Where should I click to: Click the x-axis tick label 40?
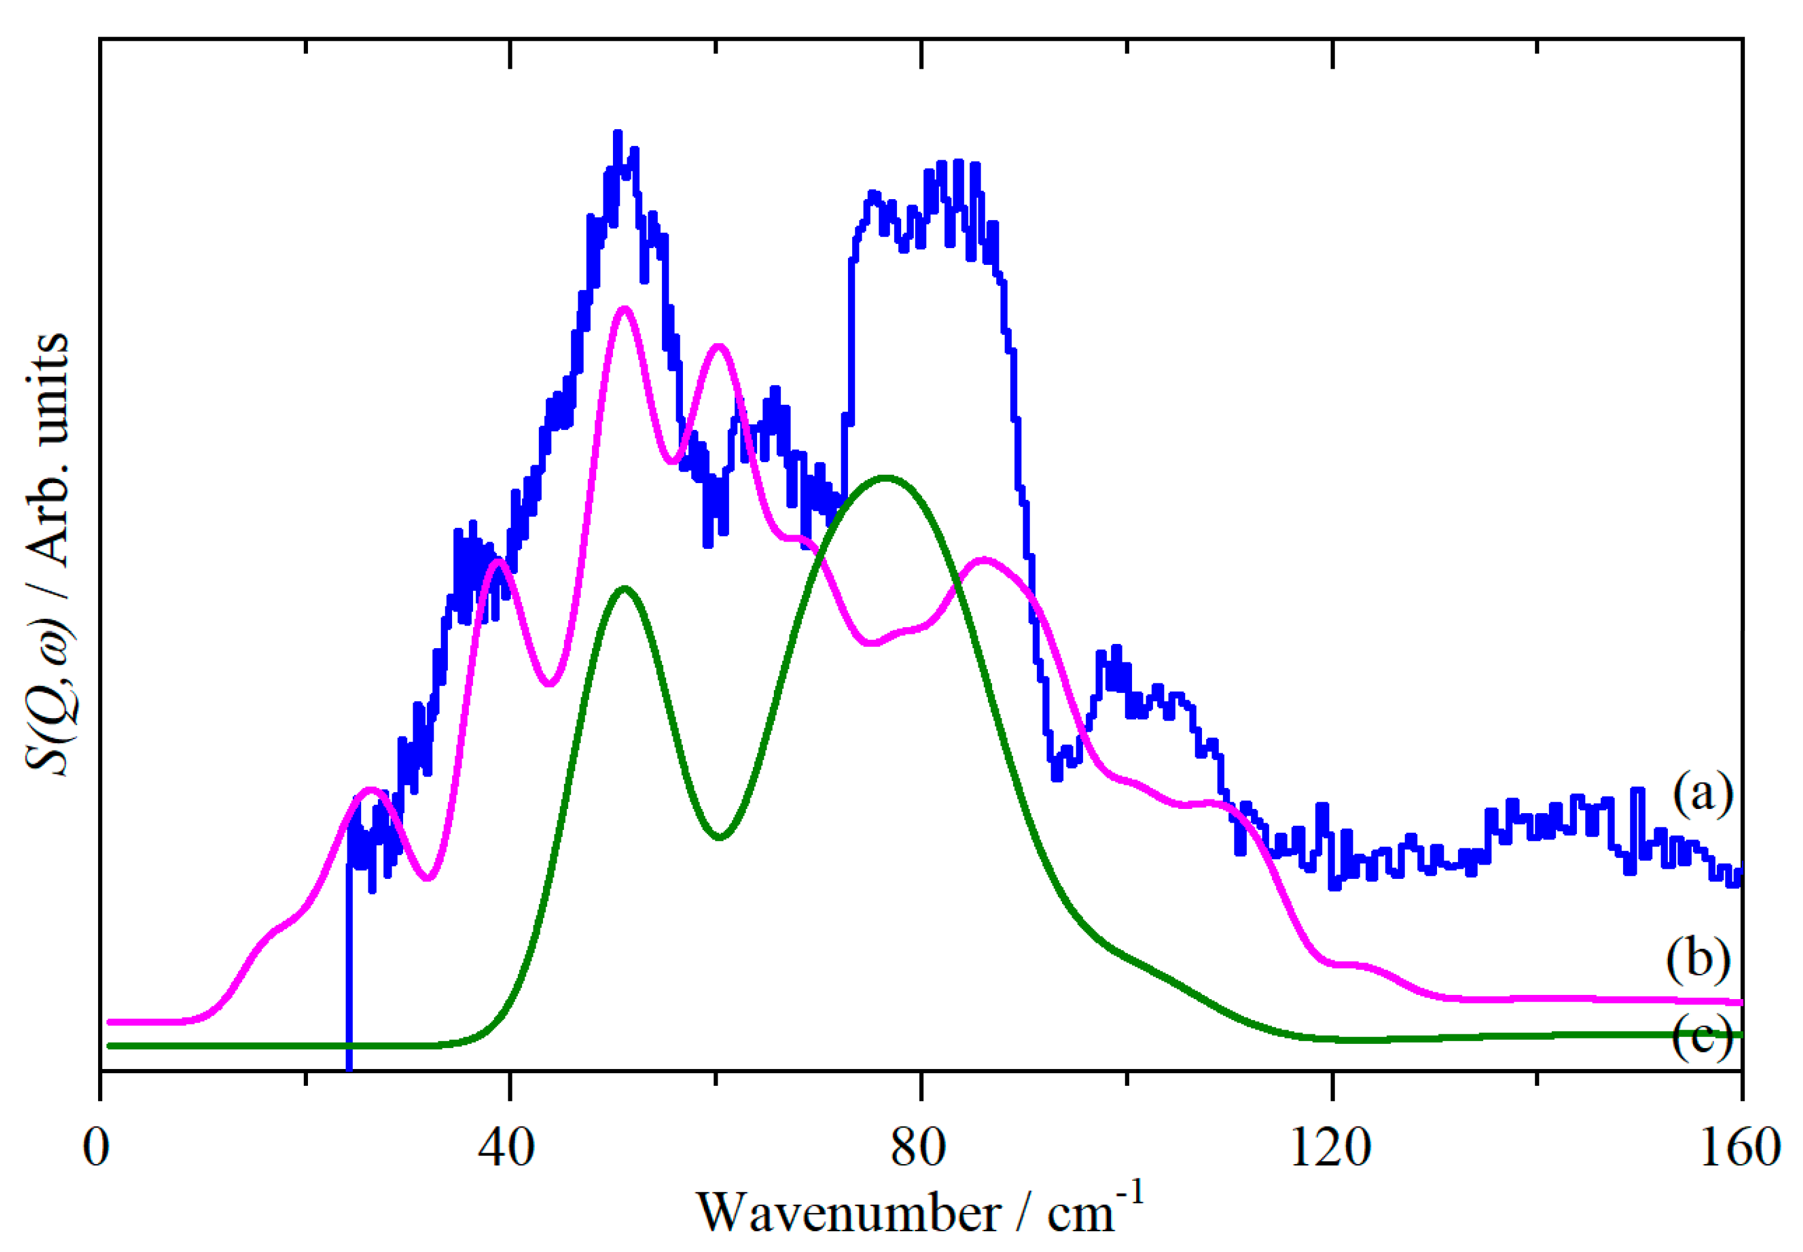508,1149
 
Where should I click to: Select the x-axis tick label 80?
919,1149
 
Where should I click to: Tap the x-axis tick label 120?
1330,1149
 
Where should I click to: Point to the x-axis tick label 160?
1740,1149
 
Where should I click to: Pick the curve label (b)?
1698,960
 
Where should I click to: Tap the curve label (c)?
1701,1037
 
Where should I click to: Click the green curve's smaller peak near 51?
624,588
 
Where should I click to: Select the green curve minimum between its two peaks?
719,838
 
